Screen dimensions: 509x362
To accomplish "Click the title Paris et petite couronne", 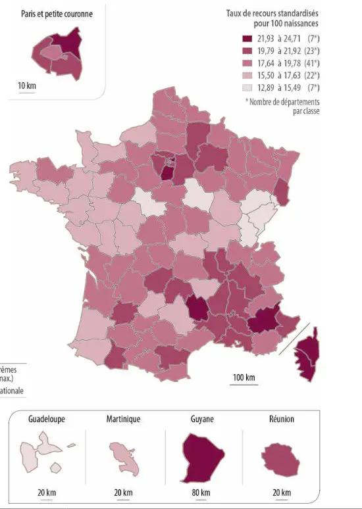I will (x=56, y=13).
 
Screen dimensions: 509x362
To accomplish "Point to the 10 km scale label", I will (x=27, y=85).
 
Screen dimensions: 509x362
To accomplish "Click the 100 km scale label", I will (x=243, y=377).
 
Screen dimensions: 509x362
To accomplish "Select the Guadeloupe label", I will (x=47, y=419).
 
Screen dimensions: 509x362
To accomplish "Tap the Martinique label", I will (x=123, y=419).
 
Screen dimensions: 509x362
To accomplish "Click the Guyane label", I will (x=201, y=419).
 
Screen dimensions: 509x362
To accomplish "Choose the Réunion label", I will (x=281, y=419).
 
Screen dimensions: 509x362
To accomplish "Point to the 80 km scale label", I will (x=201, y=493).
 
